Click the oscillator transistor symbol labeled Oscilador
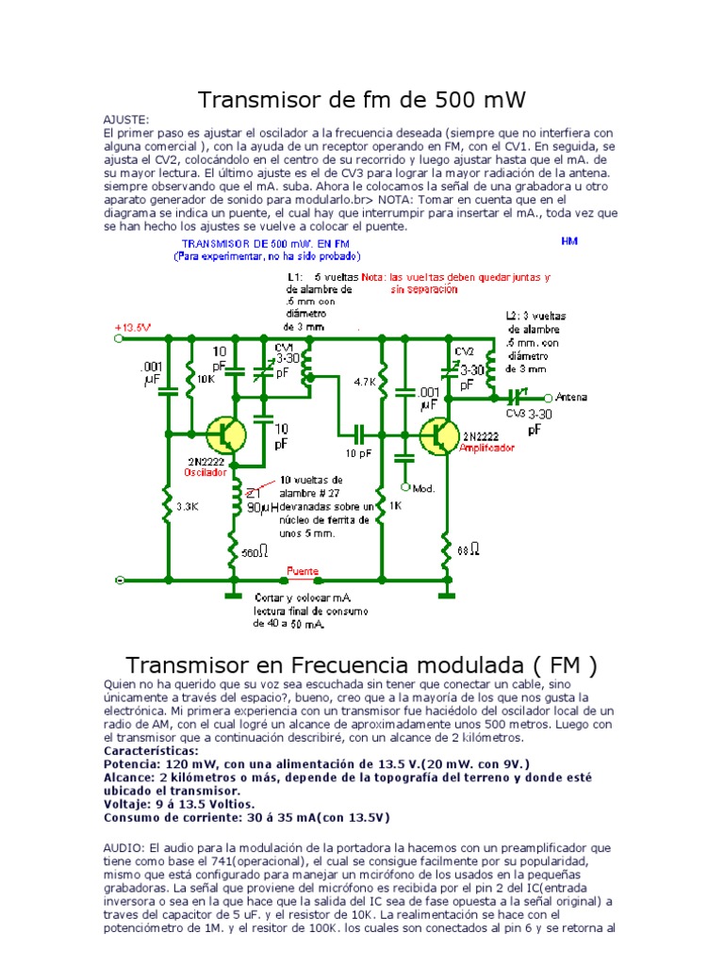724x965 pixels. [226, 434]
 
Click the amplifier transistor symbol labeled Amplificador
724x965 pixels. [439, 433]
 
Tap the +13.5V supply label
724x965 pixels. [133, 328]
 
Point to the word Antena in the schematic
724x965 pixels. [571, 397]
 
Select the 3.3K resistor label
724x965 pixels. [188, 506]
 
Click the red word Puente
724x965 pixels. [304, 571]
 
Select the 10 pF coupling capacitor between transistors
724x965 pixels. [358, 434]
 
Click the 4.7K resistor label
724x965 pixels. [365, 383]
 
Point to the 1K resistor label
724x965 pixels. [396, 506]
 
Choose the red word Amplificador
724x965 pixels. [487, 449]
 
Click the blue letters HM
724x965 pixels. [569, 241]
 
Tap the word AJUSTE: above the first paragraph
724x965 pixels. [125, 122]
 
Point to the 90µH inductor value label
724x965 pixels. [264, 507]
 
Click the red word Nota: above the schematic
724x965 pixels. [373, 278]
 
